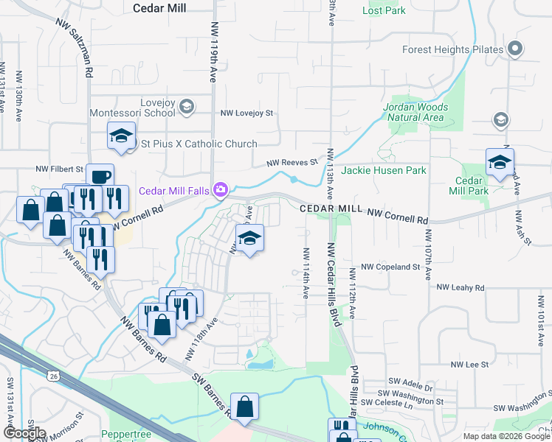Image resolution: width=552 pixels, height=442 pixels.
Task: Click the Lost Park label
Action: click(x=385, y=11)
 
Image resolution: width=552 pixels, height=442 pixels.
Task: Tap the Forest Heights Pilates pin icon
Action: click(x=515, y=50)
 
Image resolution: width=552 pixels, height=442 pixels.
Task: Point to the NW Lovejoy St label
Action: click(x=247, y=113)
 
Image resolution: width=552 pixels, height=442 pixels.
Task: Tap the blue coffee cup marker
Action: click(x=100, y=177)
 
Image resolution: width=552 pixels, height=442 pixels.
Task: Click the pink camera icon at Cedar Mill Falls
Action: click(x=220, y=191)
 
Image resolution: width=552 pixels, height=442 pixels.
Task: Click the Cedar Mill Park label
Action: click(x=469, y=186)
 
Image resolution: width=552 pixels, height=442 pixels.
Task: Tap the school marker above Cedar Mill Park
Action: click(x=500, y=162)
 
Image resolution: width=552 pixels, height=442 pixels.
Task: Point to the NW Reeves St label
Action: click(x=291, y=162)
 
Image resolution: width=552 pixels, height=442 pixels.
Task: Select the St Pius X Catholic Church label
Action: click(x=199, y=144)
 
